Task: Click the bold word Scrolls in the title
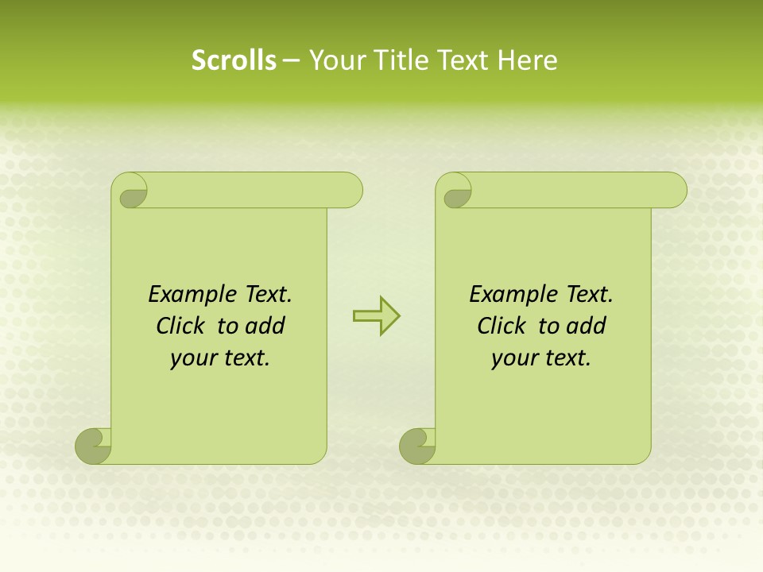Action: [234, 60]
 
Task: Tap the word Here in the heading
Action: [528, 60]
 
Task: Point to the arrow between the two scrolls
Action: [376, 316]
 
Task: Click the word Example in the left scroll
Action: [184, 295]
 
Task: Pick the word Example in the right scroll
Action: [505, 295]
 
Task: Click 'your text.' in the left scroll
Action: [220, 358]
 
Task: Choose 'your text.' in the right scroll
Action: [541, 358]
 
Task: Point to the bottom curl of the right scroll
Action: [417, 446]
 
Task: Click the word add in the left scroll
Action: [265, 326]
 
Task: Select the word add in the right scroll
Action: [587, 326]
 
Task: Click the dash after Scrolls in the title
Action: [291, 61]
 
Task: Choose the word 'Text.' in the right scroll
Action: [589, 295]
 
